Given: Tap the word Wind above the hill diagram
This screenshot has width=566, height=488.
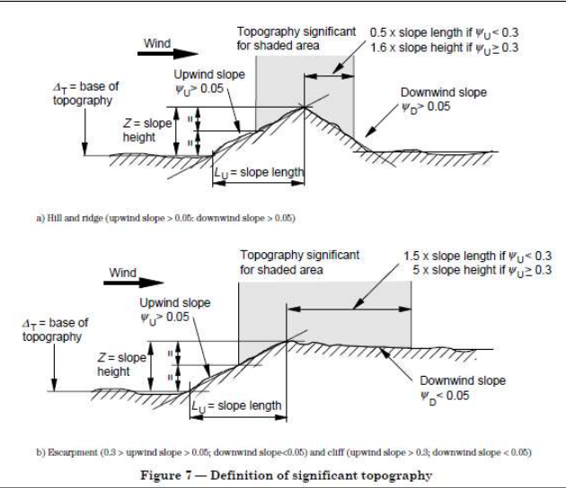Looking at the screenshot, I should click(x=158, y=43).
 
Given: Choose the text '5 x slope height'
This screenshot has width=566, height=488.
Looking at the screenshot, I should click(x=457, y=271).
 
